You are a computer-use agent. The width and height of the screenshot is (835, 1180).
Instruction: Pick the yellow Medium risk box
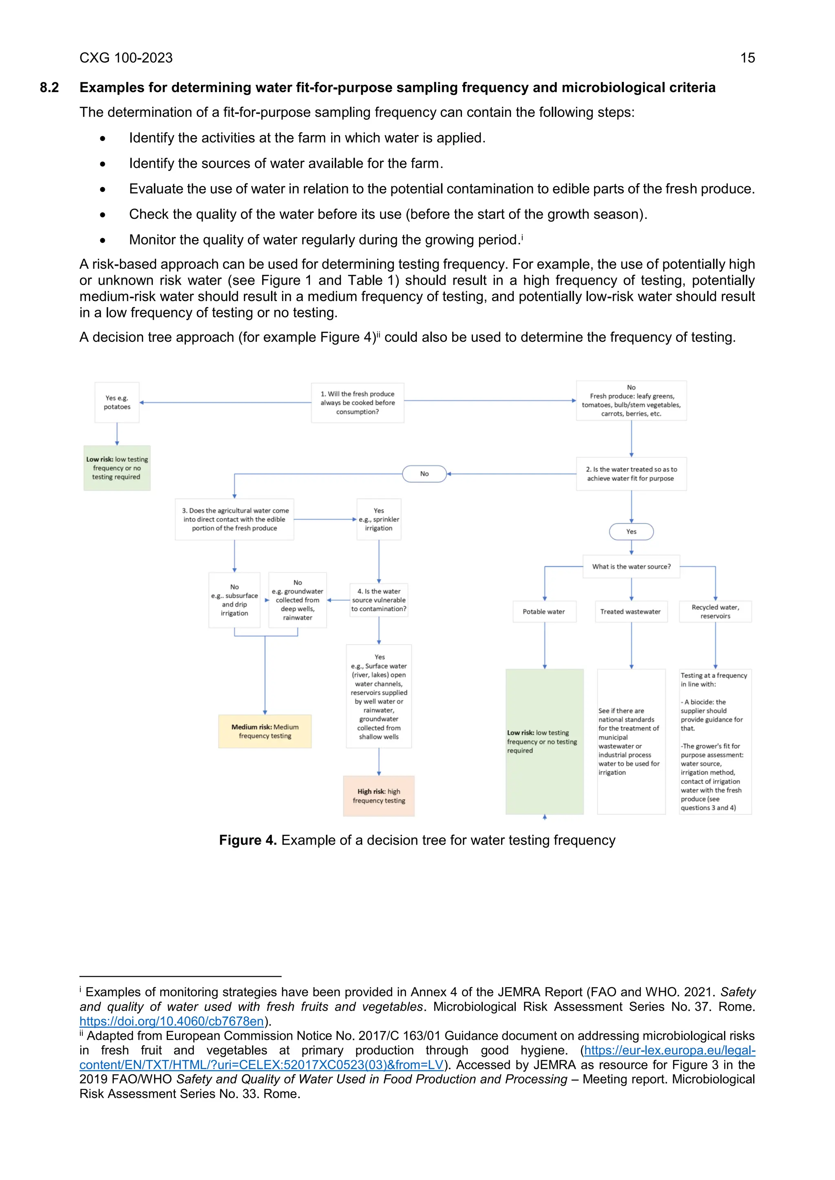point(265,731)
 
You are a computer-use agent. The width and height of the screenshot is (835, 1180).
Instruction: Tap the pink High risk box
point(378,796)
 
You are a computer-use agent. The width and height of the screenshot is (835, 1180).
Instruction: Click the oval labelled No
point(424,474)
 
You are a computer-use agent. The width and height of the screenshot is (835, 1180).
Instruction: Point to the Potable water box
point(543,612)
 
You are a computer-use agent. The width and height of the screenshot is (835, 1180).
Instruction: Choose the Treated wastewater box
point(630,612)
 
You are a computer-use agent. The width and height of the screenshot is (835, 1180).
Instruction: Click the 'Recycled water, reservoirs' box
point(715,612)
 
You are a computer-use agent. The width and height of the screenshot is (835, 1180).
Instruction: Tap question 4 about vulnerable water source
point(378,600)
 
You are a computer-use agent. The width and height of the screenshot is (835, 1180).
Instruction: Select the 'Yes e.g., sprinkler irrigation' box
point(378,519)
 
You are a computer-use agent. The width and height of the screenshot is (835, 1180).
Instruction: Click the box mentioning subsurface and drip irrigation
point(234,600)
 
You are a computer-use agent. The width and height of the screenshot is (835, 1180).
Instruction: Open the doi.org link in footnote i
point(172,1021)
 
